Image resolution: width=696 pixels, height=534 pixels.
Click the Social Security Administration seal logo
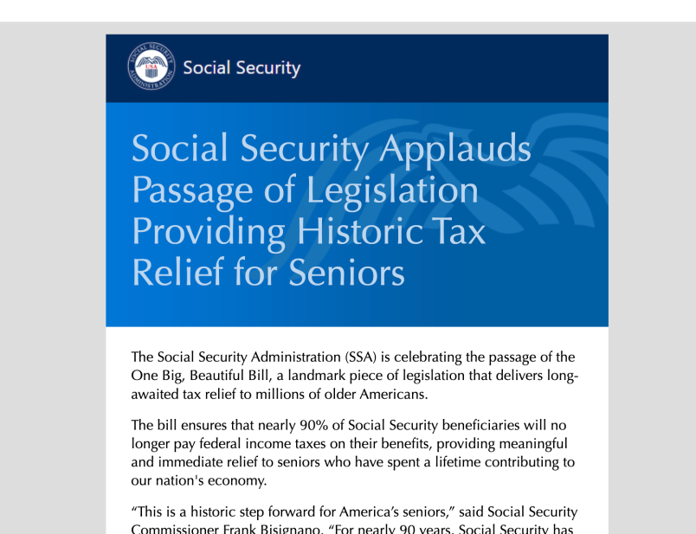[150, 68]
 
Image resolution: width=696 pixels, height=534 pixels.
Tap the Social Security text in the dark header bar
[242, 68]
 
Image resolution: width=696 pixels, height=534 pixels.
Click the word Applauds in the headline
[454, 150]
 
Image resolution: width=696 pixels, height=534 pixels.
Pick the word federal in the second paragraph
[218, 444]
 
